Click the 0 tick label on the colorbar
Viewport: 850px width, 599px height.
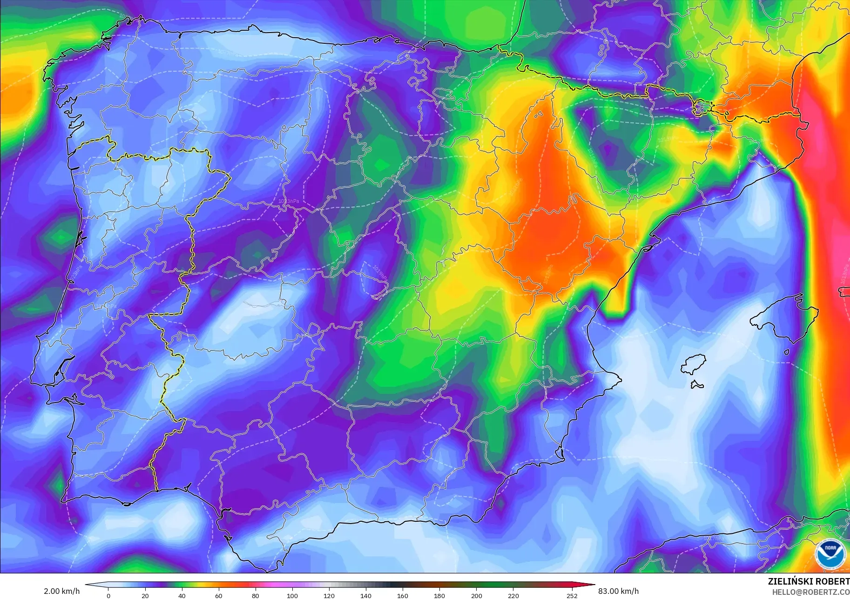[108, 596]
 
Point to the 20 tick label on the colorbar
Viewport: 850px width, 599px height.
[145, 596]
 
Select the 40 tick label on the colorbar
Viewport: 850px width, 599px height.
[182, 596]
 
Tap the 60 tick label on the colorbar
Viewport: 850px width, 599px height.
[219, 596]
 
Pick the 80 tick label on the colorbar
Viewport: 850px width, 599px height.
[256, 596]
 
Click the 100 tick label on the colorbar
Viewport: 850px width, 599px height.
[292, 596]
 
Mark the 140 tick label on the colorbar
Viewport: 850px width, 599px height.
[366, 596]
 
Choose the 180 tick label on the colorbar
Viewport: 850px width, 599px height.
[439, 596]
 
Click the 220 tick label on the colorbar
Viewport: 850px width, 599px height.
[513, 596]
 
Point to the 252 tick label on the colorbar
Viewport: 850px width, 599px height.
[572, 596]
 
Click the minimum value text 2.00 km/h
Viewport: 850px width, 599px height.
[62, 591]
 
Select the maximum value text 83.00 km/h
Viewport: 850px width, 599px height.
[618, 591]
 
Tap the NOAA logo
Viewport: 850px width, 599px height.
[830, 553]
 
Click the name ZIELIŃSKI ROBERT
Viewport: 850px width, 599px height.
[809, 581]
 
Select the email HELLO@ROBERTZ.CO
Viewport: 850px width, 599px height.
[811, 592]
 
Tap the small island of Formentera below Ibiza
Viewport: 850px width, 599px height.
[697, 385]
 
